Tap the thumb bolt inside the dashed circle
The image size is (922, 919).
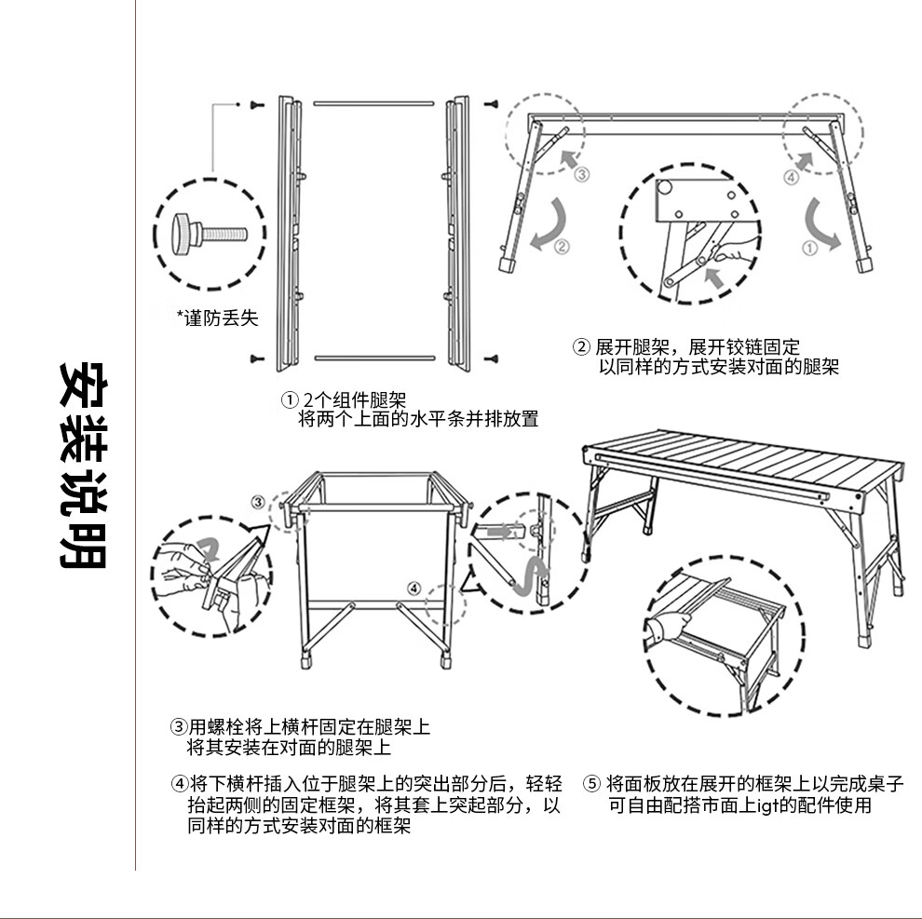pyautogui.click(x=206, y=232)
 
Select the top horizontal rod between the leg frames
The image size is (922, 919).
pyautogui.click(x=373, y=101)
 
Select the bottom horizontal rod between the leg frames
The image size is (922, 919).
pyautogui.click(x=373, y=358)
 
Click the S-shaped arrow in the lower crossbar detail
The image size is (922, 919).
pyautogui.click(x=532, y=580)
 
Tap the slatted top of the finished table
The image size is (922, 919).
pyautogui.click(x=745, y=456)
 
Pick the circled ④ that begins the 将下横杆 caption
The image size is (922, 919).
pyautogui.click(x=177, y=783)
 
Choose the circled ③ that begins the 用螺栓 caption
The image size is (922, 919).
pyautogui.click(x=177, y=726)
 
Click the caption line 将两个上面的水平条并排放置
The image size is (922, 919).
pyautogui.click(x=418, y=419)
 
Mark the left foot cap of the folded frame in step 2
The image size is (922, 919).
pyautogui.click(x=508, y=264)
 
